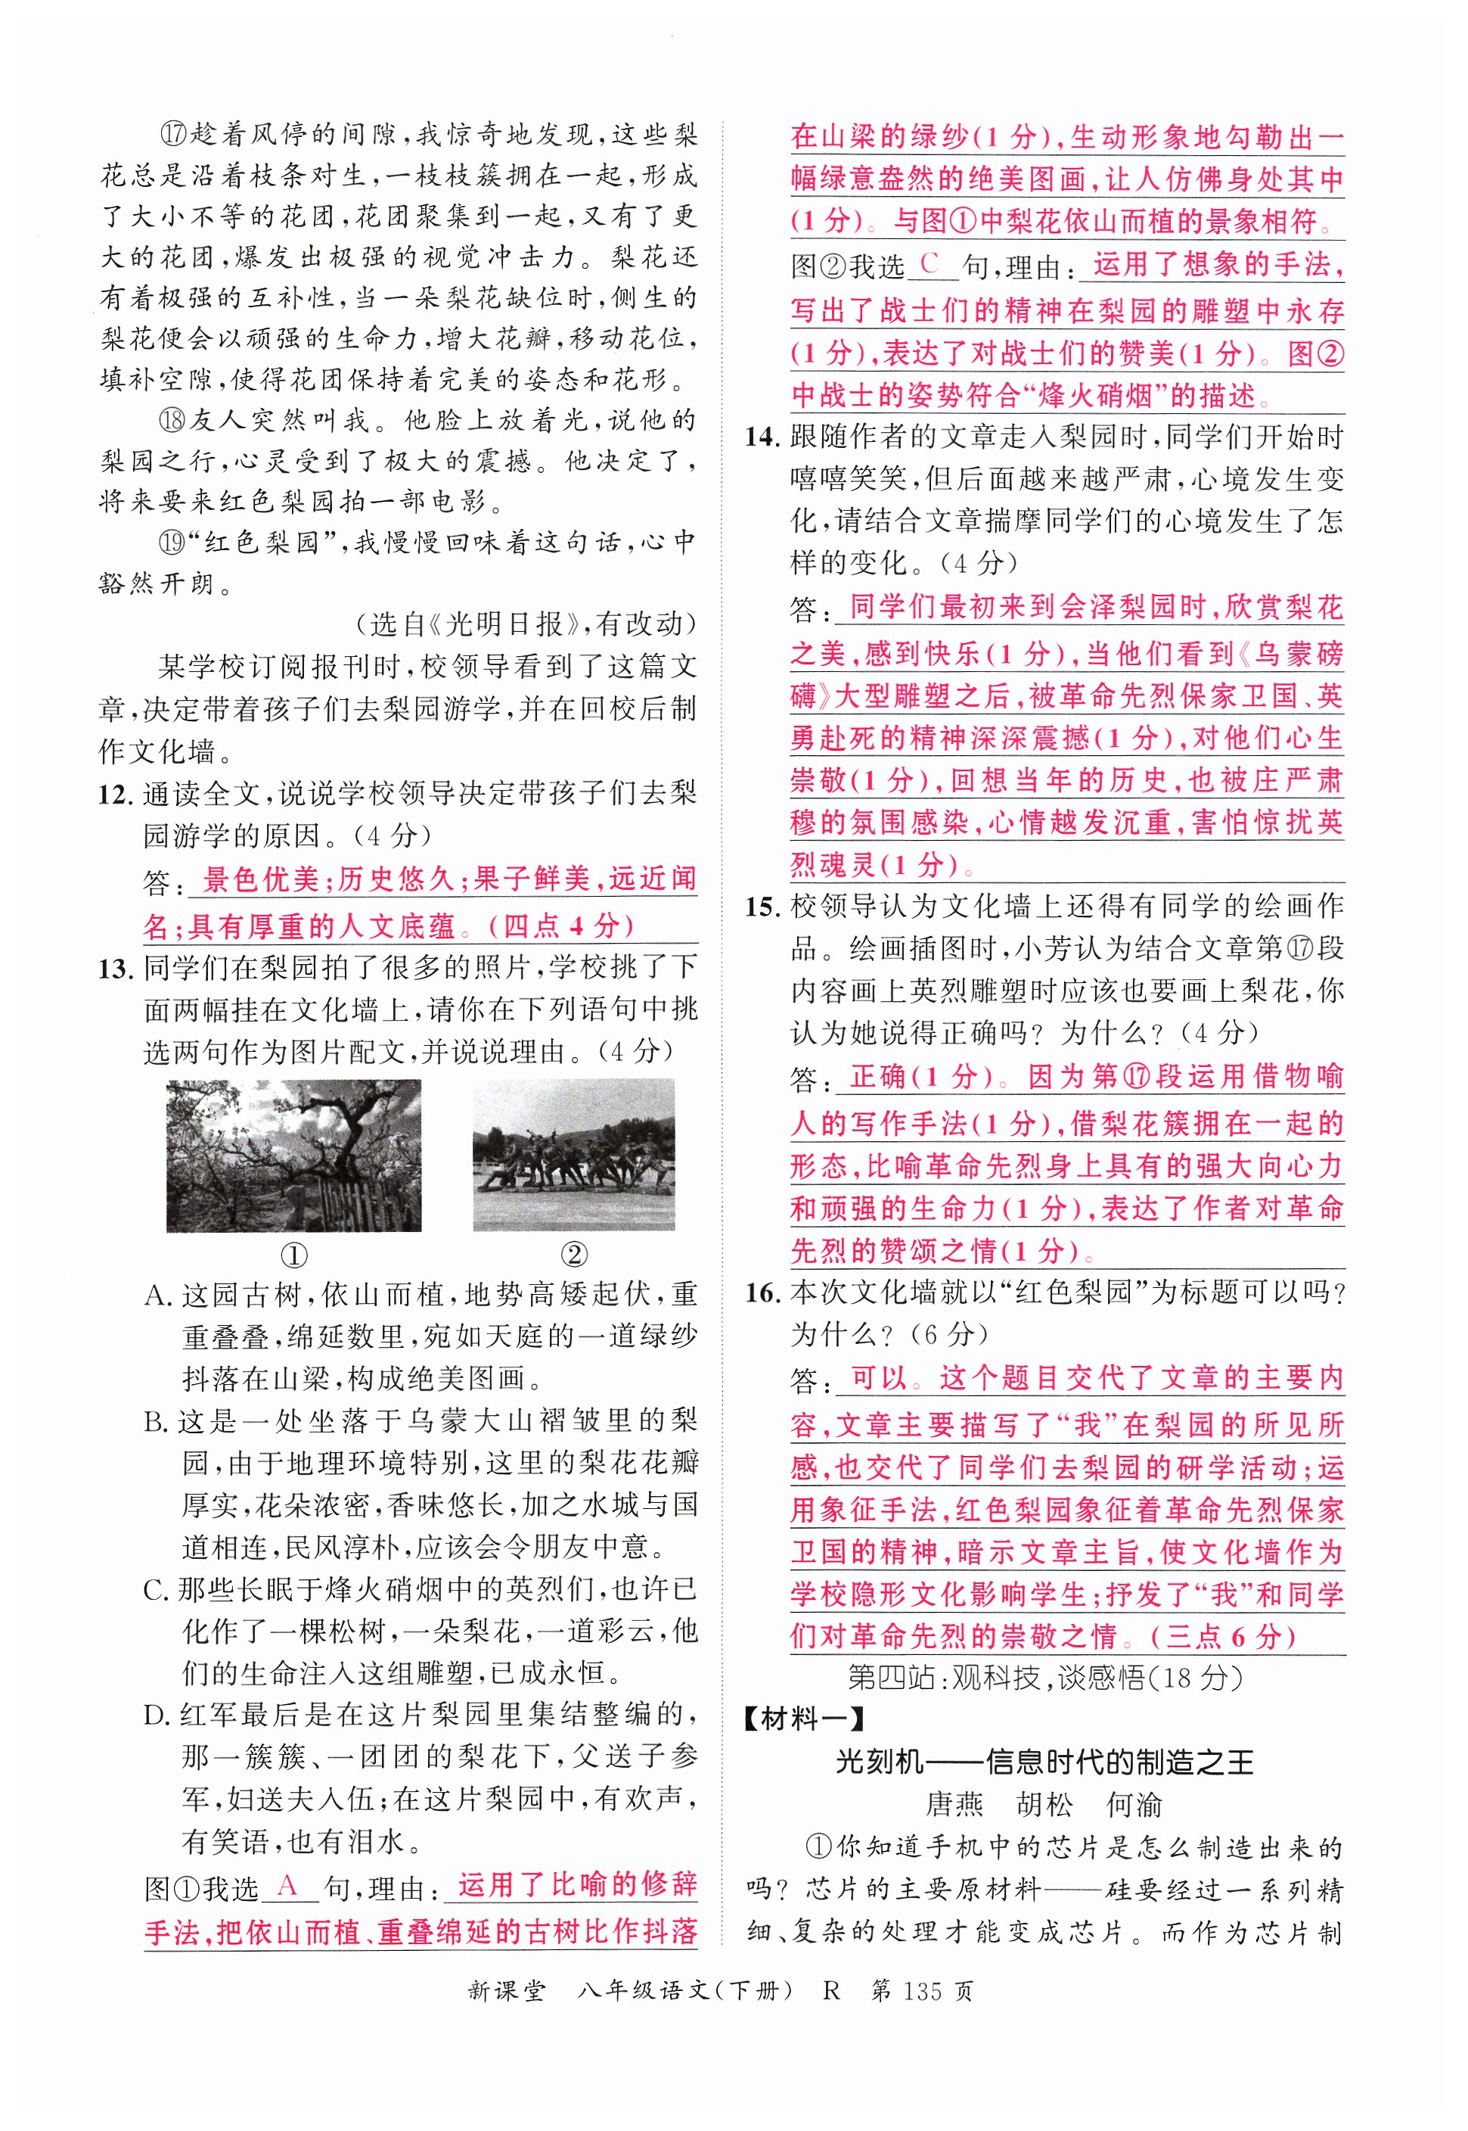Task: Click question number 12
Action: pyautogui.click(x=116, y=794)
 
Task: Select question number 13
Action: pyautogui.click(x=116, y=969)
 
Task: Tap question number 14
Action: pyautogui.click(x=763, y=437)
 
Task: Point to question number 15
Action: pyautogui.click(x=763, y=907)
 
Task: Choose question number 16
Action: pyautogui.click(x=763, y=1293)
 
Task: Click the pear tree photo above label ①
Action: pyautogui.click(x=293, y=1156)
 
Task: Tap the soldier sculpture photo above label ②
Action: pyautogui.click(x=573, y=1156)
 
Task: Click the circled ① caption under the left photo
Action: pyautogui.click(x=293, y=1255)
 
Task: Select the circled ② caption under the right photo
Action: pyautogui.click(x=573, y=1255)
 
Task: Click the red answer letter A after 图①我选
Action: pyautogui.click(x=288, y=1887)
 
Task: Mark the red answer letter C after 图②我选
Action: pyautogui.click(x=930, y=264)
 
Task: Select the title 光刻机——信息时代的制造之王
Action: pyautogui.click(x=1044, y=1762)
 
